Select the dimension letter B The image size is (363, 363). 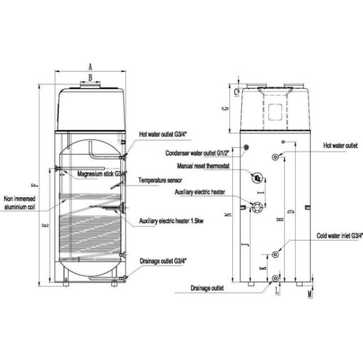pyautogui.click(x=90, y=77)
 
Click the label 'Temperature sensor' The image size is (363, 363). pyautogui.click(x=160, y=180)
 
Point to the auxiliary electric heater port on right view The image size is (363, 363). pyautogui.click(x=257, y=206)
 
